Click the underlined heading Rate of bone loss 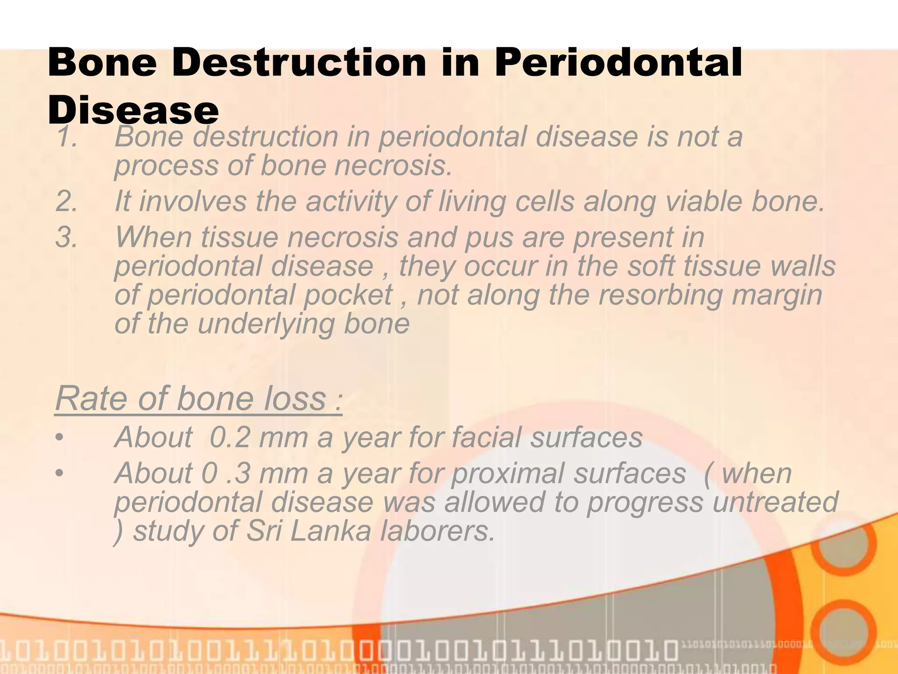coord(198,398)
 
